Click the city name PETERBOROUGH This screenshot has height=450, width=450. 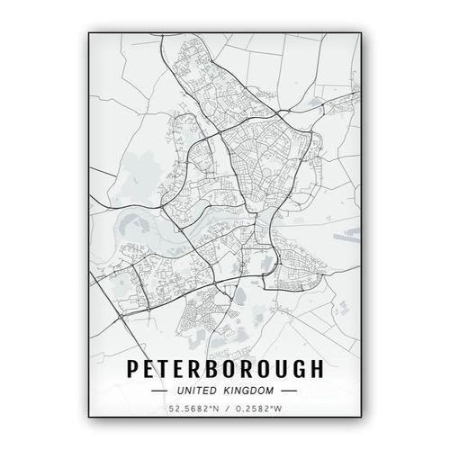click(x=223, y=370)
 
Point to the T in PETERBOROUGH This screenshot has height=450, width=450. click(x=166, y=370)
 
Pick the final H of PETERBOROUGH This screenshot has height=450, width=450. click(x=312, y=370)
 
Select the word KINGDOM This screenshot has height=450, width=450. click(x=250, y=391)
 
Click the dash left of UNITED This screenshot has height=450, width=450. click(x=158, y=391)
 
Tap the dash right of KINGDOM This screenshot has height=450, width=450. click(x=290, y=391)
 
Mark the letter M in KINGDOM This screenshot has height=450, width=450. click(x=272, y=391)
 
